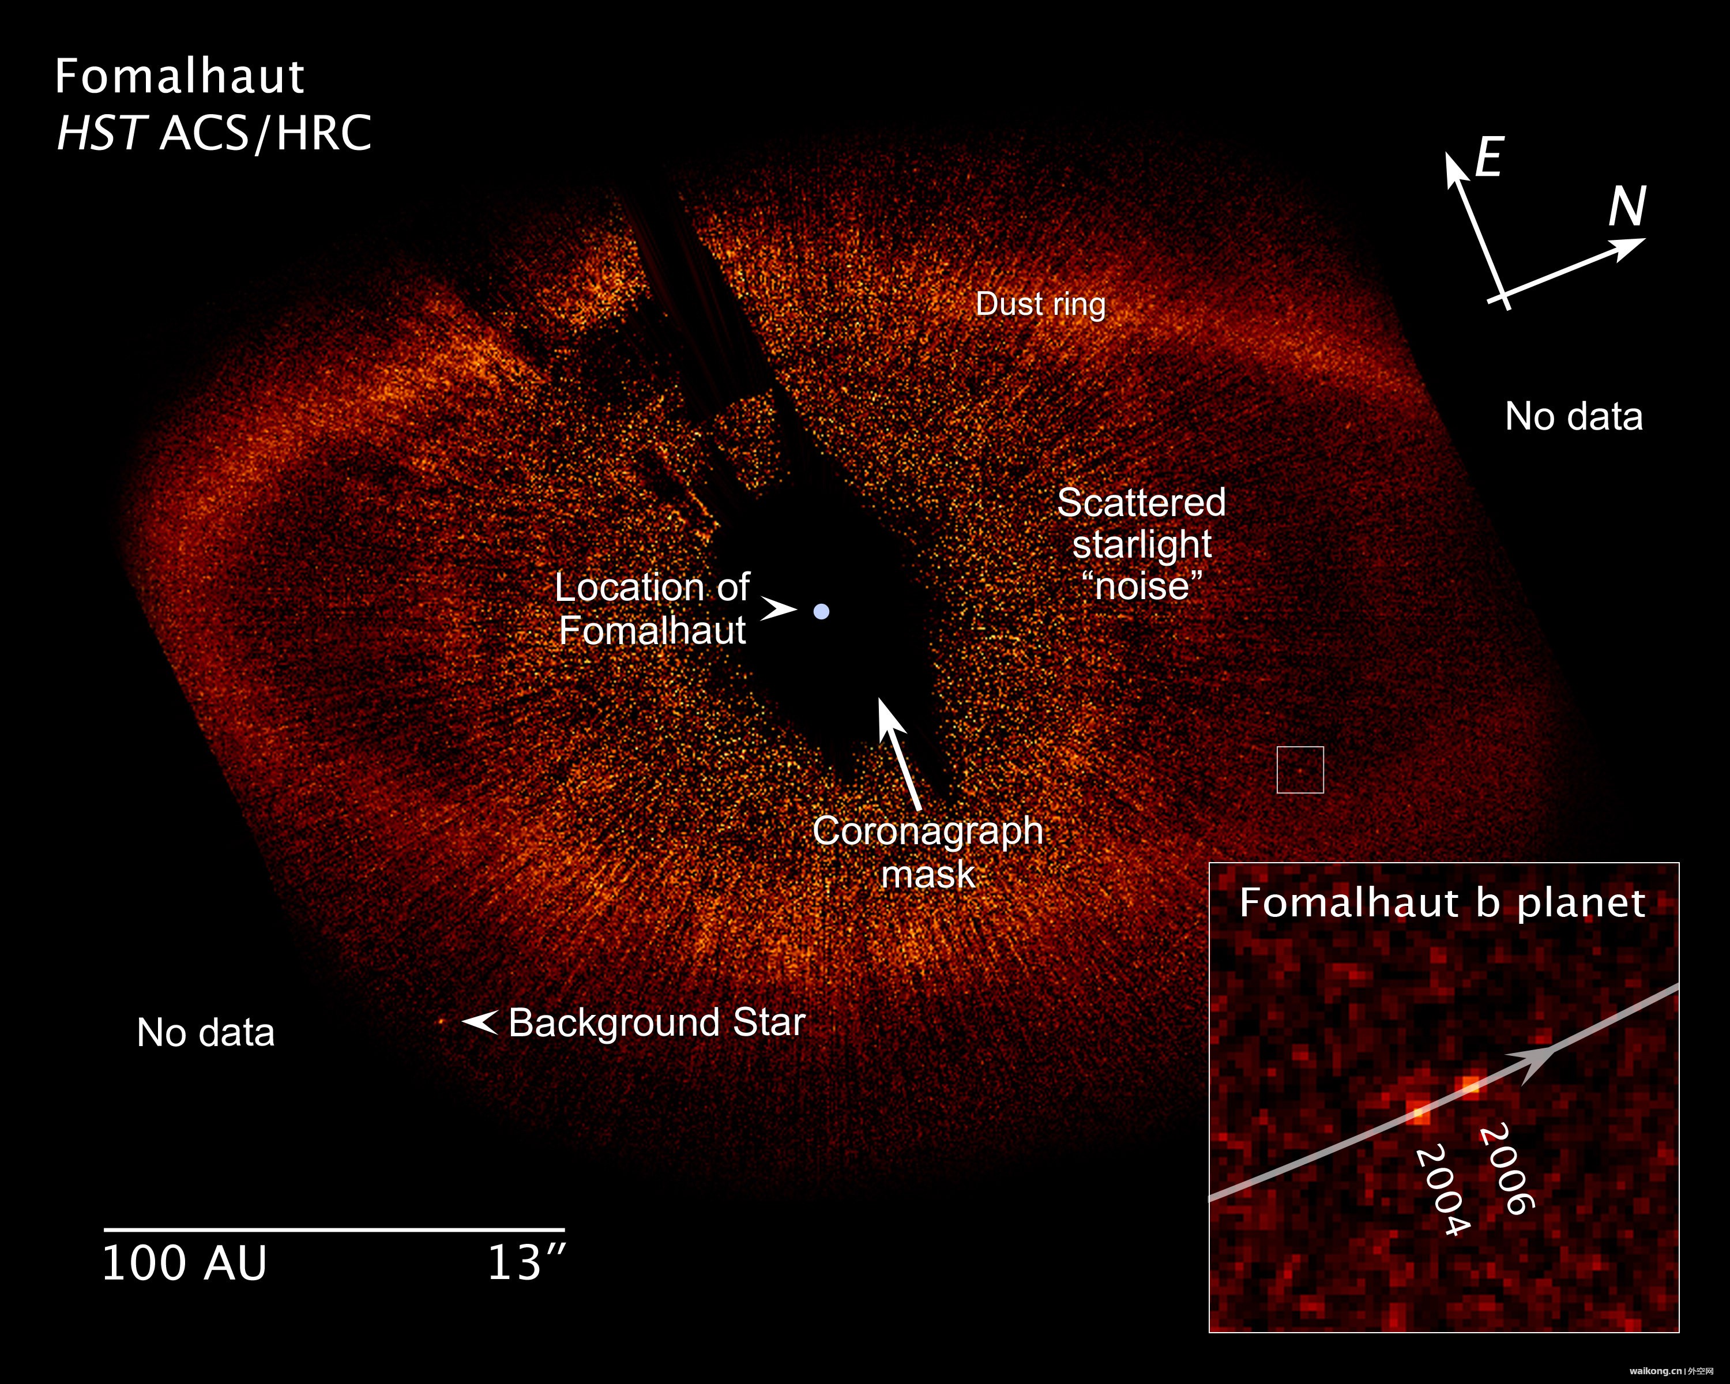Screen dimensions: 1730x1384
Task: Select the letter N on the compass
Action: (1628, 206)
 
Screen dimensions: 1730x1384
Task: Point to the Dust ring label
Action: (1041, 304)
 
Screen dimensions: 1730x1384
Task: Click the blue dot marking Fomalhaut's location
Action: (821, 611)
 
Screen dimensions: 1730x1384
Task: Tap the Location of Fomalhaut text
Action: (652, 608)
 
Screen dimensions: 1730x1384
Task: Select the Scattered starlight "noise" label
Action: (1141, 544)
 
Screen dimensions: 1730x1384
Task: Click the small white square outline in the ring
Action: (1300, 747)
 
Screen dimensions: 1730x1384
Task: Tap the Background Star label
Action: (656, 1023)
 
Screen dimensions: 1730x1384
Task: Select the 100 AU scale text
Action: (185, 1263)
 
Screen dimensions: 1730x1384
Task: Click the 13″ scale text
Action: (526, 1263)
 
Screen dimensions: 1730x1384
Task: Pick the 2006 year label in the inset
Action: (1507, 1169)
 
